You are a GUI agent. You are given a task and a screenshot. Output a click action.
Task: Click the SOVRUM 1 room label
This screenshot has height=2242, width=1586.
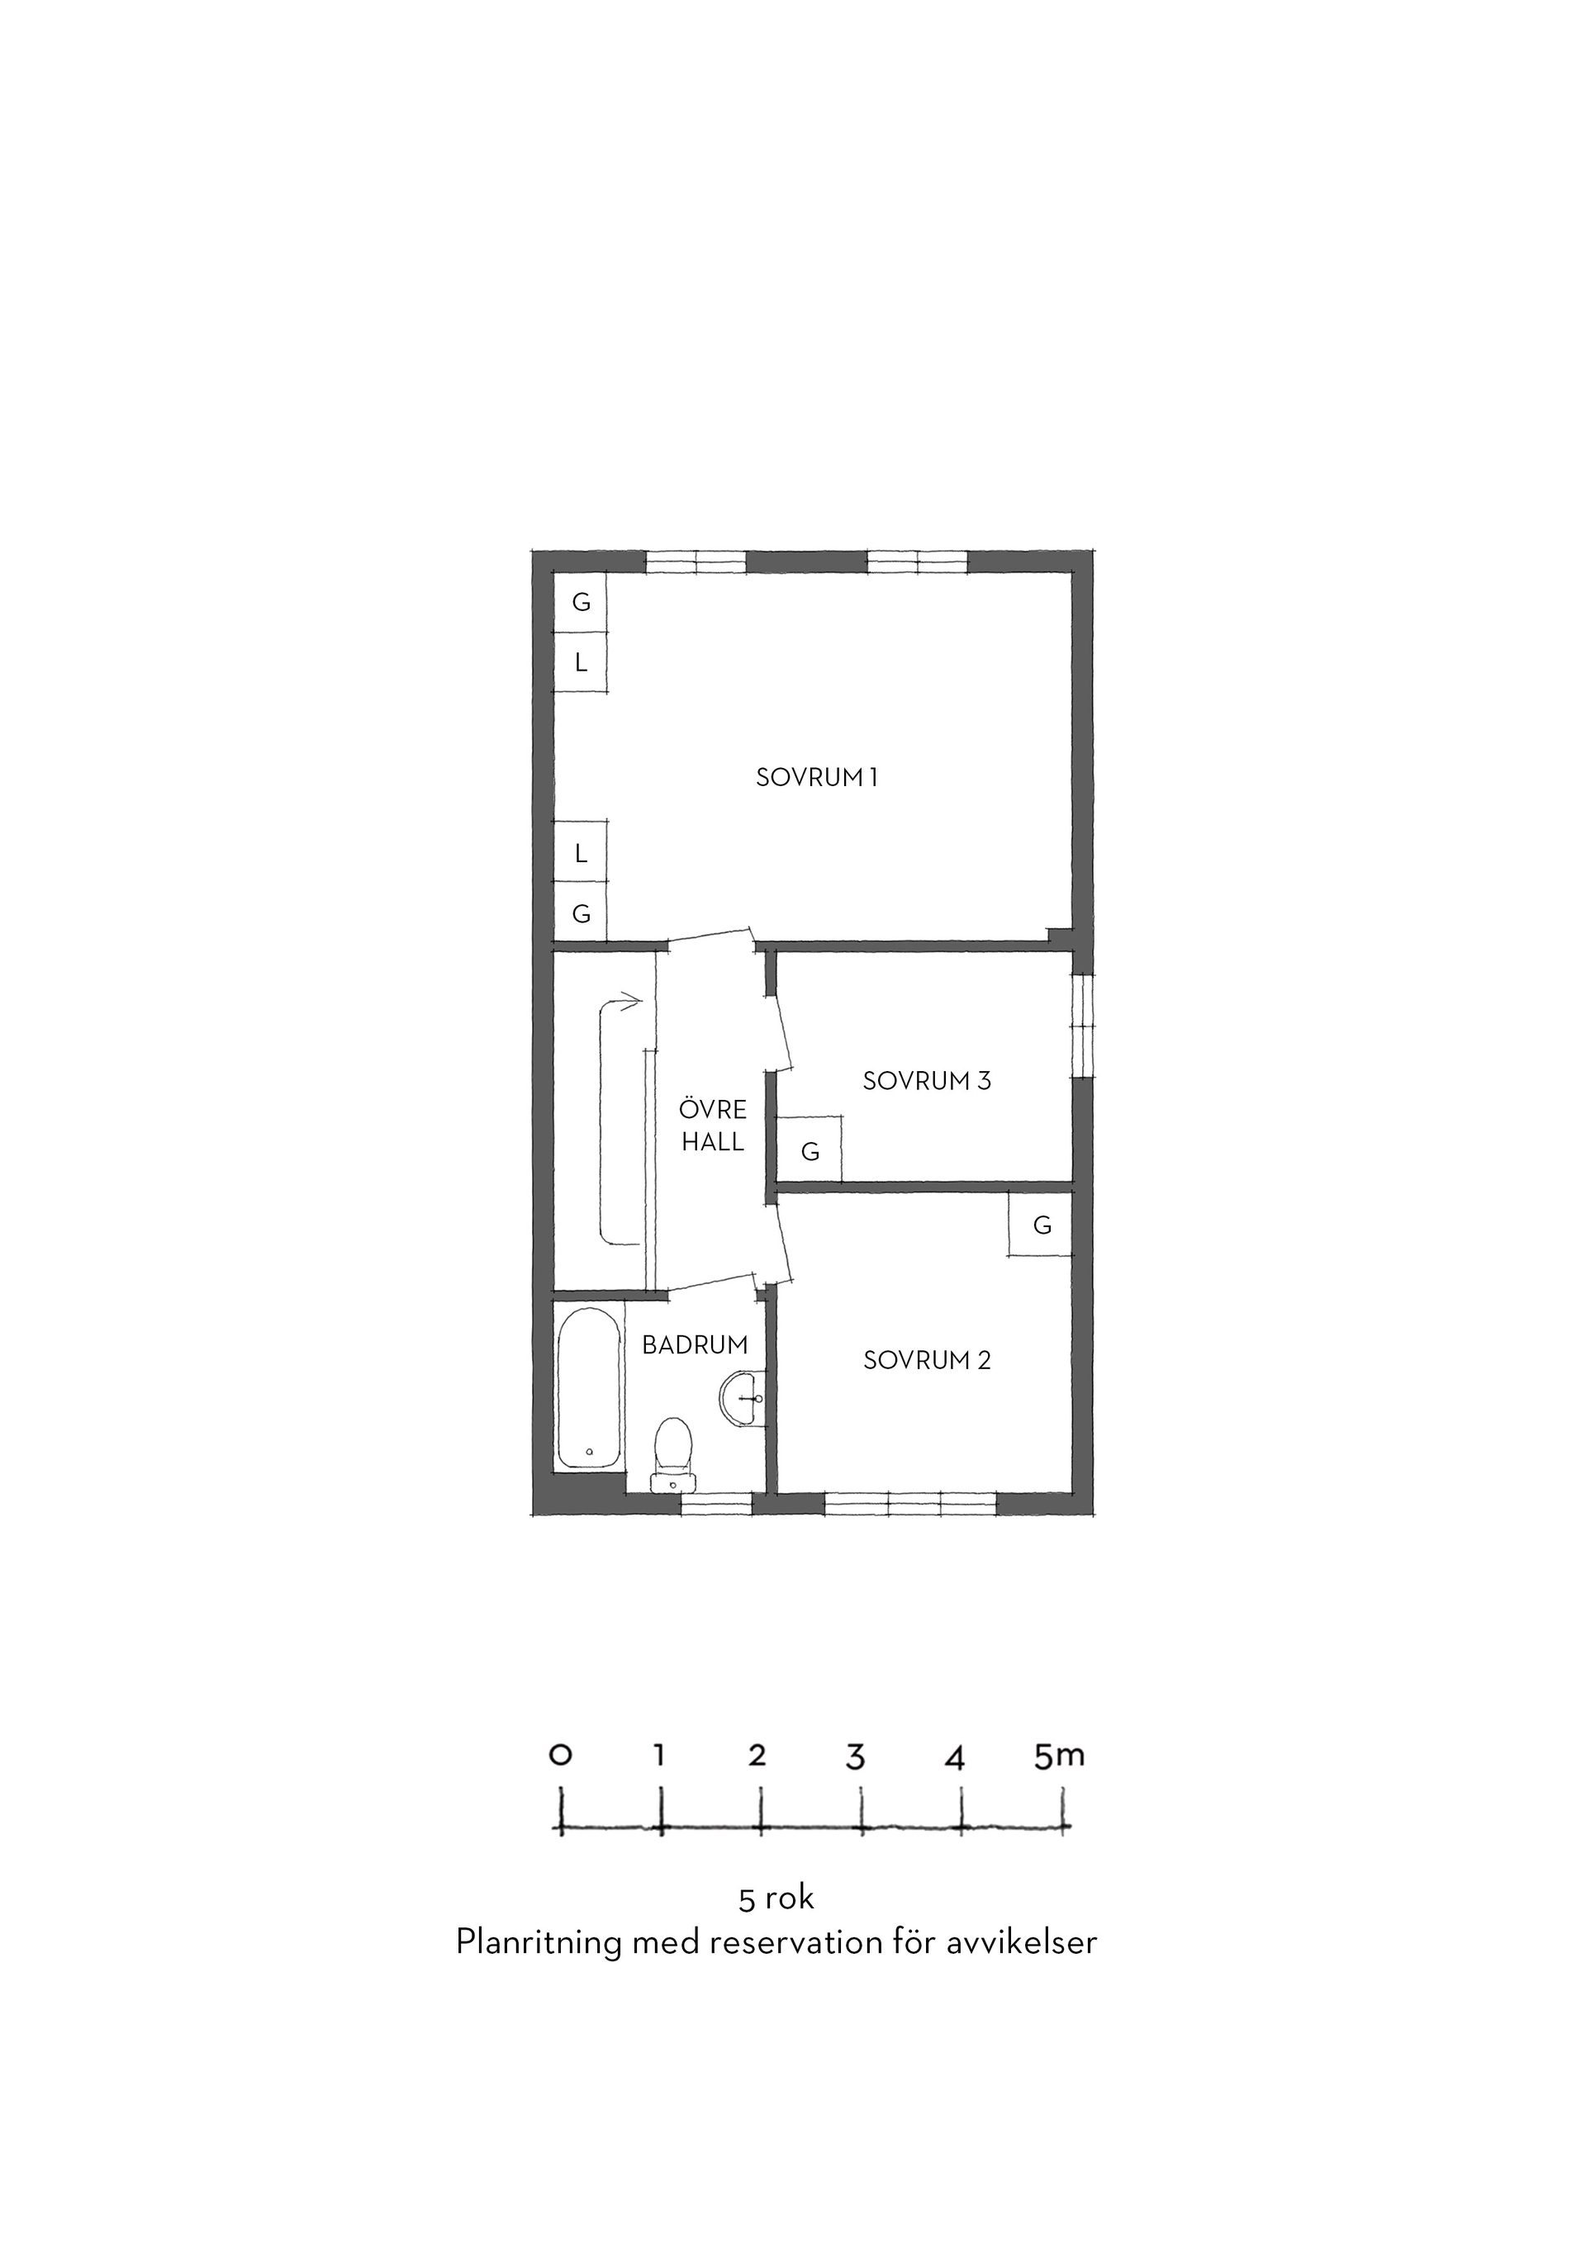(816, 777)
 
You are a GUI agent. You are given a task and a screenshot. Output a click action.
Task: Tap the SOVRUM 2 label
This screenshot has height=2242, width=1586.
(927, 1360)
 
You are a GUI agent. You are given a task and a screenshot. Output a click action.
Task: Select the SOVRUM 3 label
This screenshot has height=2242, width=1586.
(927, 1081)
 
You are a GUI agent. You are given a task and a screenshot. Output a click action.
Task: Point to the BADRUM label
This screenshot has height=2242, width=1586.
(695, 1344)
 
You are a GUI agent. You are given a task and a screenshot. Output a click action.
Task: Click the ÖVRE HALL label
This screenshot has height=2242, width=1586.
(713, 1125)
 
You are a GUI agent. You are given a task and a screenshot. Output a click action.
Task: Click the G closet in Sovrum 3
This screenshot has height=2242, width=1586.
(810, 1149)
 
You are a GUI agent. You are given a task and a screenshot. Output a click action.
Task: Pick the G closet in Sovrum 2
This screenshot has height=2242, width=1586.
(1041, 1225)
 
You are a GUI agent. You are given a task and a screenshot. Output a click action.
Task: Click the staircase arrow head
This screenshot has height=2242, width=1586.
(632, 1000)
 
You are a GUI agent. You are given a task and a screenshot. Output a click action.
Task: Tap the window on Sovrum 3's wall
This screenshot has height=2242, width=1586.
(1083, 1026)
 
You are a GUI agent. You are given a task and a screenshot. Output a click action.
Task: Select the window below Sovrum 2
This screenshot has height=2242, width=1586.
(910, 1504)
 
